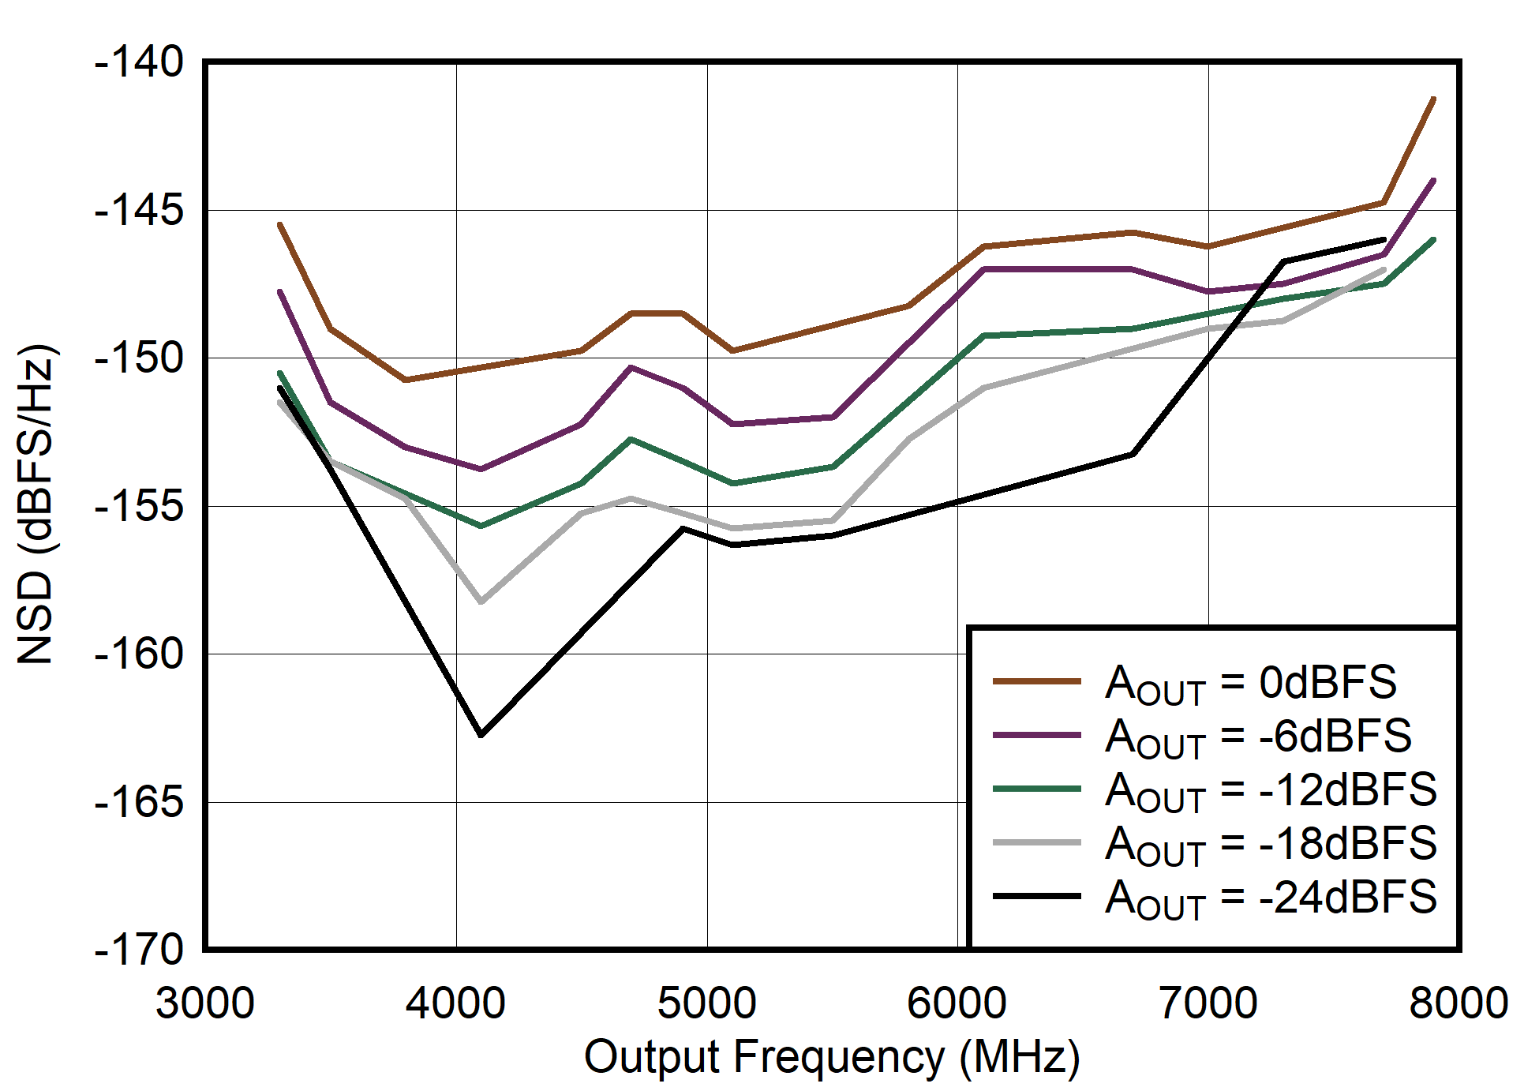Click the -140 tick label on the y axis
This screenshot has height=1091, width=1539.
139,62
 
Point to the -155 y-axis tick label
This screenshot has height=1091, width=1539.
139,506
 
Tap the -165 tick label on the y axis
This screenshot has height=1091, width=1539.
139,803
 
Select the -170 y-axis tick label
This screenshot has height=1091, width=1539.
139,949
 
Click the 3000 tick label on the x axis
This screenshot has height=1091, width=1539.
205,1003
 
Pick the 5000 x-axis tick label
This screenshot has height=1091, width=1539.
706,1003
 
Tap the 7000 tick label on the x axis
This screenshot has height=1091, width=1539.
1208,1003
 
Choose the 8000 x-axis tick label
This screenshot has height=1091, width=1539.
1458,1003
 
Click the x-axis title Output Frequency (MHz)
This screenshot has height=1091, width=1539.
832,1057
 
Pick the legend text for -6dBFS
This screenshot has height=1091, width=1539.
1258,737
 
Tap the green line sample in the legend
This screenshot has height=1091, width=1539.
1036,789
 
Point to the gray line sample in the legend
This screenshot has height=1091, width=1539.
1036,843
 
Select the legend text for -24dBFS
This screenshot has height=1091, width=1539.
1271,898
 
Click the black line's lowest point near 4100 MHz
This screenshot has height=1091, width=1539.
481,735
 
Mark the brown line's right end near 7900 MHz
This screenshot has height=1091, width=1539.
1433,99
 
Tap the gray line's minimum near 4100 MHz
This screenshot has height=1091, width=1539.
481,602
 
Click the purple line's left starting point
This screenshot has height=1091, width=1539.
279,292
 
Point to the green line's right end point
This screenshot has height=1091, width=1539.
1433,240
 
